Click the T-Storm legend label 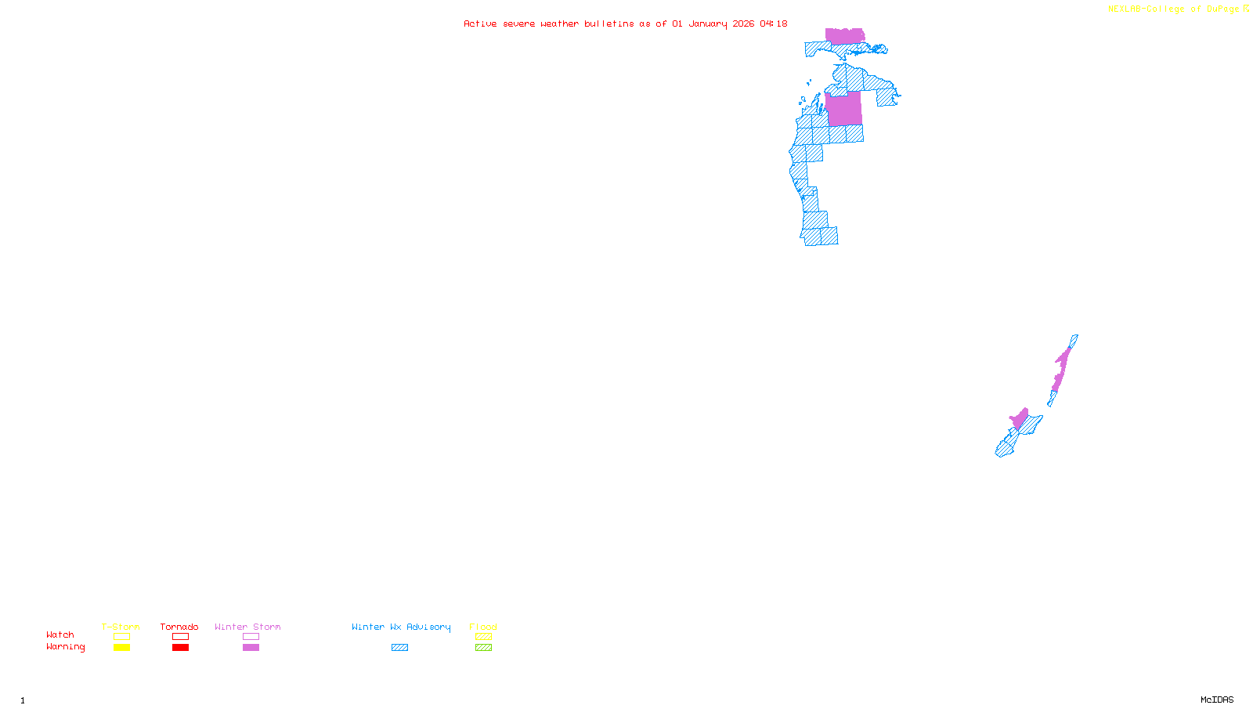pos(121,627)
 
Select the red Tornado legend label pos(179,627)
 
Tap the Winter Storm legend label pos(247,627)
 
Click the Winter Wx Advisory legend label pos(401,627)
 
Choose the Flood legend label pos(483,627)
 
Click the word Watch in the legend pos(60,634)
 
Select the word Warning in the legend pos(66,647)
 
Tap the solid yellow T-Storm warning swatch pos(121,648)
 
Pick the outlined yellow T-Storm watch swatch pos(121,637)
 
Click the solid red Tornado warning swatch pos(180,648)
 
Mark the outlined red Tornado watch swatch pos(180,637)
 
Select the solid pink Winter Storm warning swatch pos(251,648)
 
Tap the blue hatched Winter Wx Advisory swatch pos(399,648)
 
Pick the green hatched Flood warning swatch pos(483,648)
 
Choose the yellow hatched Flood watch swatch pos(483,637)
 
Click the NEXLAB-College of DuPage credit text pos(1174,9)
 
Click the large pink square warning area pos(843,109)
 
